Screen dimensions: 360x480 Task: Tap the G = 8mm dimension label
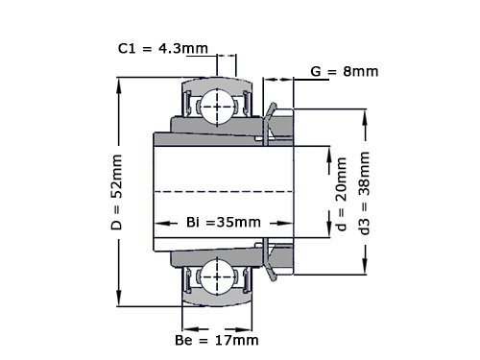coord(344,71)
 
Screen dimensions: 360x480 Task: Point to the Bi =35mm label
coord(222,222)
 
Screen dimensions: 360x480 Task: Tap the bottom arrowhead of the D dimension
coord(119,300)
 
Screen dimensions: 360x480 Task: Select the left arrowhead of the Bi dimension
coord(158,222)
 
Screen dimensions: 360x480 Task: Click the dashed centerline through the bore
coord(221,192)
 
